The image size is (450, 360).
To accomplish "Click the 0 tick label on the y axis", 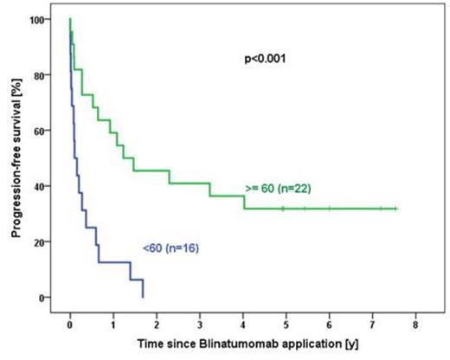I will pyautogui.click(x=47, y=298).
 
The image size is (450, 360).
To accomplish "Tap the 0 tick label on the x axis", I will pyautogui.click(x=70, y=325).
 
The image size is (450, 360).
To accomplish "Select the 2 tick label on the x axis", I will pyautogui.click(x=157, y=325).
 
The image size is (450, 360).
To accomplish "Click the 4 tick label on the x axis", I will pyautogui.click(x=243, y=325).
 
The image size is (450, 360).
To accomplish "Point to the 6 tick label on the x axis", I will pyautogui.click(x=330, y=325).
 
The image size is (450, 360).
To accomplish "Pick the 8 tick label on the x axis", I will pyautogui.click(x=416, y=325).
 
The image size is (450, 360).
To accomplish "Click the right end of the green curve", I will pyautogui.click(x=396, y=209).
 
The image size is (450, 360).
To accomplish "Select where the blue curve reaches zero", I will pyautogui.click(x=143, y=297).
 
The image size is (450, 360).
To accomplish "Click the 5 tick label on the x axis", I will pyautogui.click(x=286, y=325).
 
